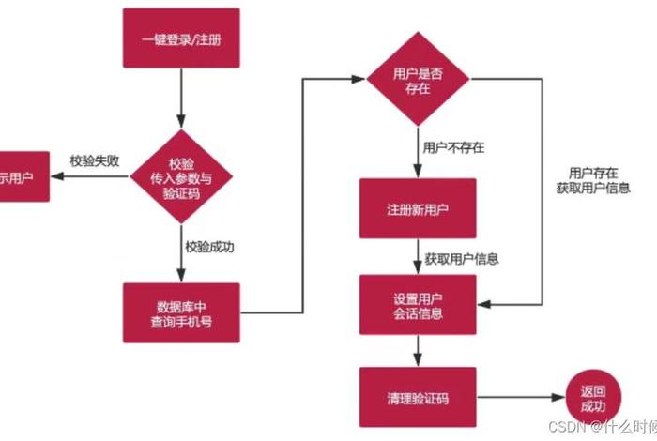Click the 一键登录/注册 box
point(181,38)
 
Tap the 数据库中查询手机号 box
point(181,313)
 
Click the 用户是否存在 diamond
point(419,77)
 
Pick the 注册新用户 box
point(419,208)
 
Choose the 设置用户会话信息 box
point(419,305)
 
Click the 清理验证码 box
point(419,399)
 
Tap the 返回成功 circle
point(592,399)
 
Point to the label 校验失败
point(95,160)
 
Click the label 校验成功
point(209,248)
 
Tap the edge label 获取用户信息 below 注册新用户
point(461,259)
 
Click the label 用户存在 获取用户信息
point(592,179)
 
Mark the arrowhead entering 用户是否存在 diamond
point(359,79)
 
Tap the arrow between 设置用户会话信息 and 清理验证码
point(419,351)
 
